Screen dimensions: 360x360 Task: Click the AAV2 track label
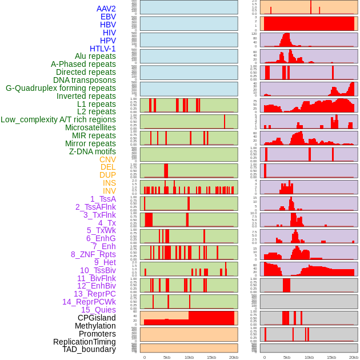click(x=106, y=9)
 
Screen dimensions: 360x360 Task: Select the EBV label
click(x=108, y=17)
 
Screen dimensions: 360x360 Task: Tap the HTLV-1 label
click(x=103, y=49)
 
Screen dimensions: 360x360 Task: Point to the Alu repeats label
click(x=95, y=56)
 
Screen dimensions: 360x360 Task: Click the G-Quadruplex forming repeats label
click(x=61, y=88)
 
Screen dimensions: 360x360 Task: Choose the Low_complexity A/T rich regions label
click(x=58, y=119)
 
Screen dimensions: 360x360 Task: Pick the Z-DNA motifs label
click(x=93, y=151)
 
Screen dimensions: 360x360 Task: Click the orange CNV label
click(x=107, y=159)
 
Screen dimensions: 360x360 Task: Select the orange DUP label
click(x=107, y=175)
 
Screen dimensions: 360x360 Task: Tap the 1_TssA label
click(x=103, y=199)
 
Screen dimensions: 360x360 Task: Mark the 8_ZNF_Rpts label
click(x=93, y=254)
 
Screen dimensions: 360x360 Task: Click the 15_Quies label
click(x=98, y=310)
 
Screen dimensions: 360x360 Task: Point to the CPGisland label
click(x=97, y=318)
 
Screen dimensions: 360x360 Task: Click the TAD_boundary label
click(x=89, y=349)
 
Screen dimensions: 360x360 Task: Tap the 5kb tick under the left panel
click(x=167, y=357)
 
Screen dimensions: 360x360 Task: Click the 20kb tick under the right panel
click(x=354, y=357)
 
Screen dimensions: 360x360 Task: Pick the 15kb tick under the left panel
click(x=211, y=357)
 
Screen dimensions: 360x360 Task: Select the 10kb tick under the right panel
click(x=309, y=357)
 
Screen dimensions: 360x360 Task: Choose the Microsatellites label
click(x=90, y=127)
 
